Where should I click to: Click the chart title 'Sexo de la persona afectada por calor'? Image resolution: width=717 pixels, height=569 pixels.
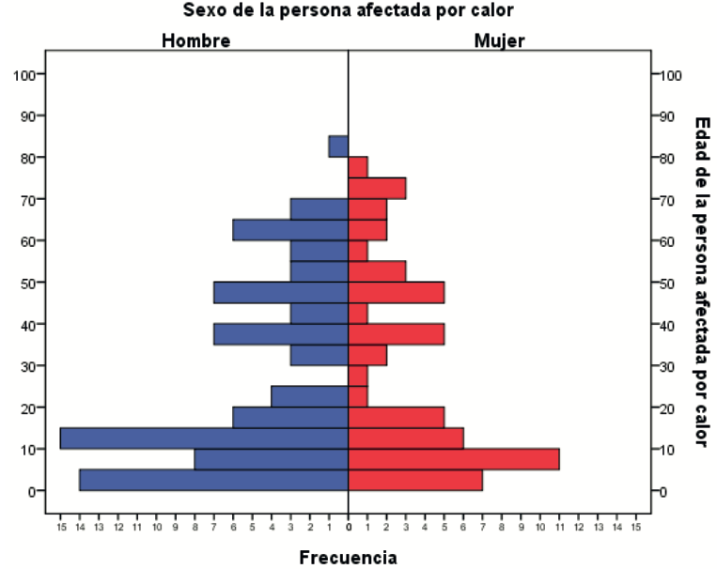pos(349,10)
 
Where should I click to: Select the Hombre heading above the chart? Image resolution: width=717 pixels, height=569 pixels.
pos(195,40)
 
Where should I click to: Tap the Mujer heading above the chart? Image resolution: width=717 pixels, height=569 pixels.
pos(499,40)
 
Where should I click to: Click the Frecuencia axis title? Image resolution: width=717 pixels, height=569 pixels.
pos(348,558)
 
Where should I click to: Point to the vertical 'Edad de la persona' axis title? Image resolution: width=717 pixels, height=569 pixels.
pos(701,282)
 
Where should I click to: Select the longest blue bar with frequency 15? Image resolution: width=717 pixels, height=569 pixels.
pos(204,438)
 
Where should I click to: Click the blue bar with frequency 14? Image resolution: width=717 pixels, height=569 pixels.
pos(213,480)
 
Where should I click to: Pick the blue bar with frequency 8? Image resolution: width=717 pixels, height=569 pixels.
pos(272,459)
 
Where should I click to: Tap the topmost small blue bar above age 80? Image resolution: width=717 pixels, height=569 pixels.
pos(338,146)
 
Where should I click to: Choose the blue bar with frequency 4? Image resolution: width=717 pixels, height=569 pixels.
pos(310,396)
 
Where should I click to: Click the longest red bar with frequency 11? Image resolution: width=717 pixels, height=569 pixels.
pos(454,459)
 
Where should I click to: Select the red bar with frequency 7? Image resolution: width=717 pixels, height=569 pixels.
pos(415,480)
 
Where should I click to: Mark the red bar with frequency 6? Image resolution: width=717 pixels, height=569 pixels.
pos(406,438)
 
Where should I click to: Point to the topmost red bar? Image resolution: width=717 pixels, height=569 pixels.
pos(358,167)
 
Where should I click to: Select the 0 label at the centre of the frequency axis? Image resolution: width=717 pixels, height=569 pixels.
pos(349,528)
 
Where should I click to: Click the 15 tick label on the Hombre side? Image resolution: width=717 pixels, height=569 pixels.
pos(60,528)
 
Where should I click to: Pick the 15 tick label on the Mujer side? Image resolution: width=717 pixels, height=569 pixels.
pos(636,528)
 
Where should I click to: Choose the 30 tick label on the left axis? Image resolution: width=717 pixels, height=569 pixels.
pos(28,366)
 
